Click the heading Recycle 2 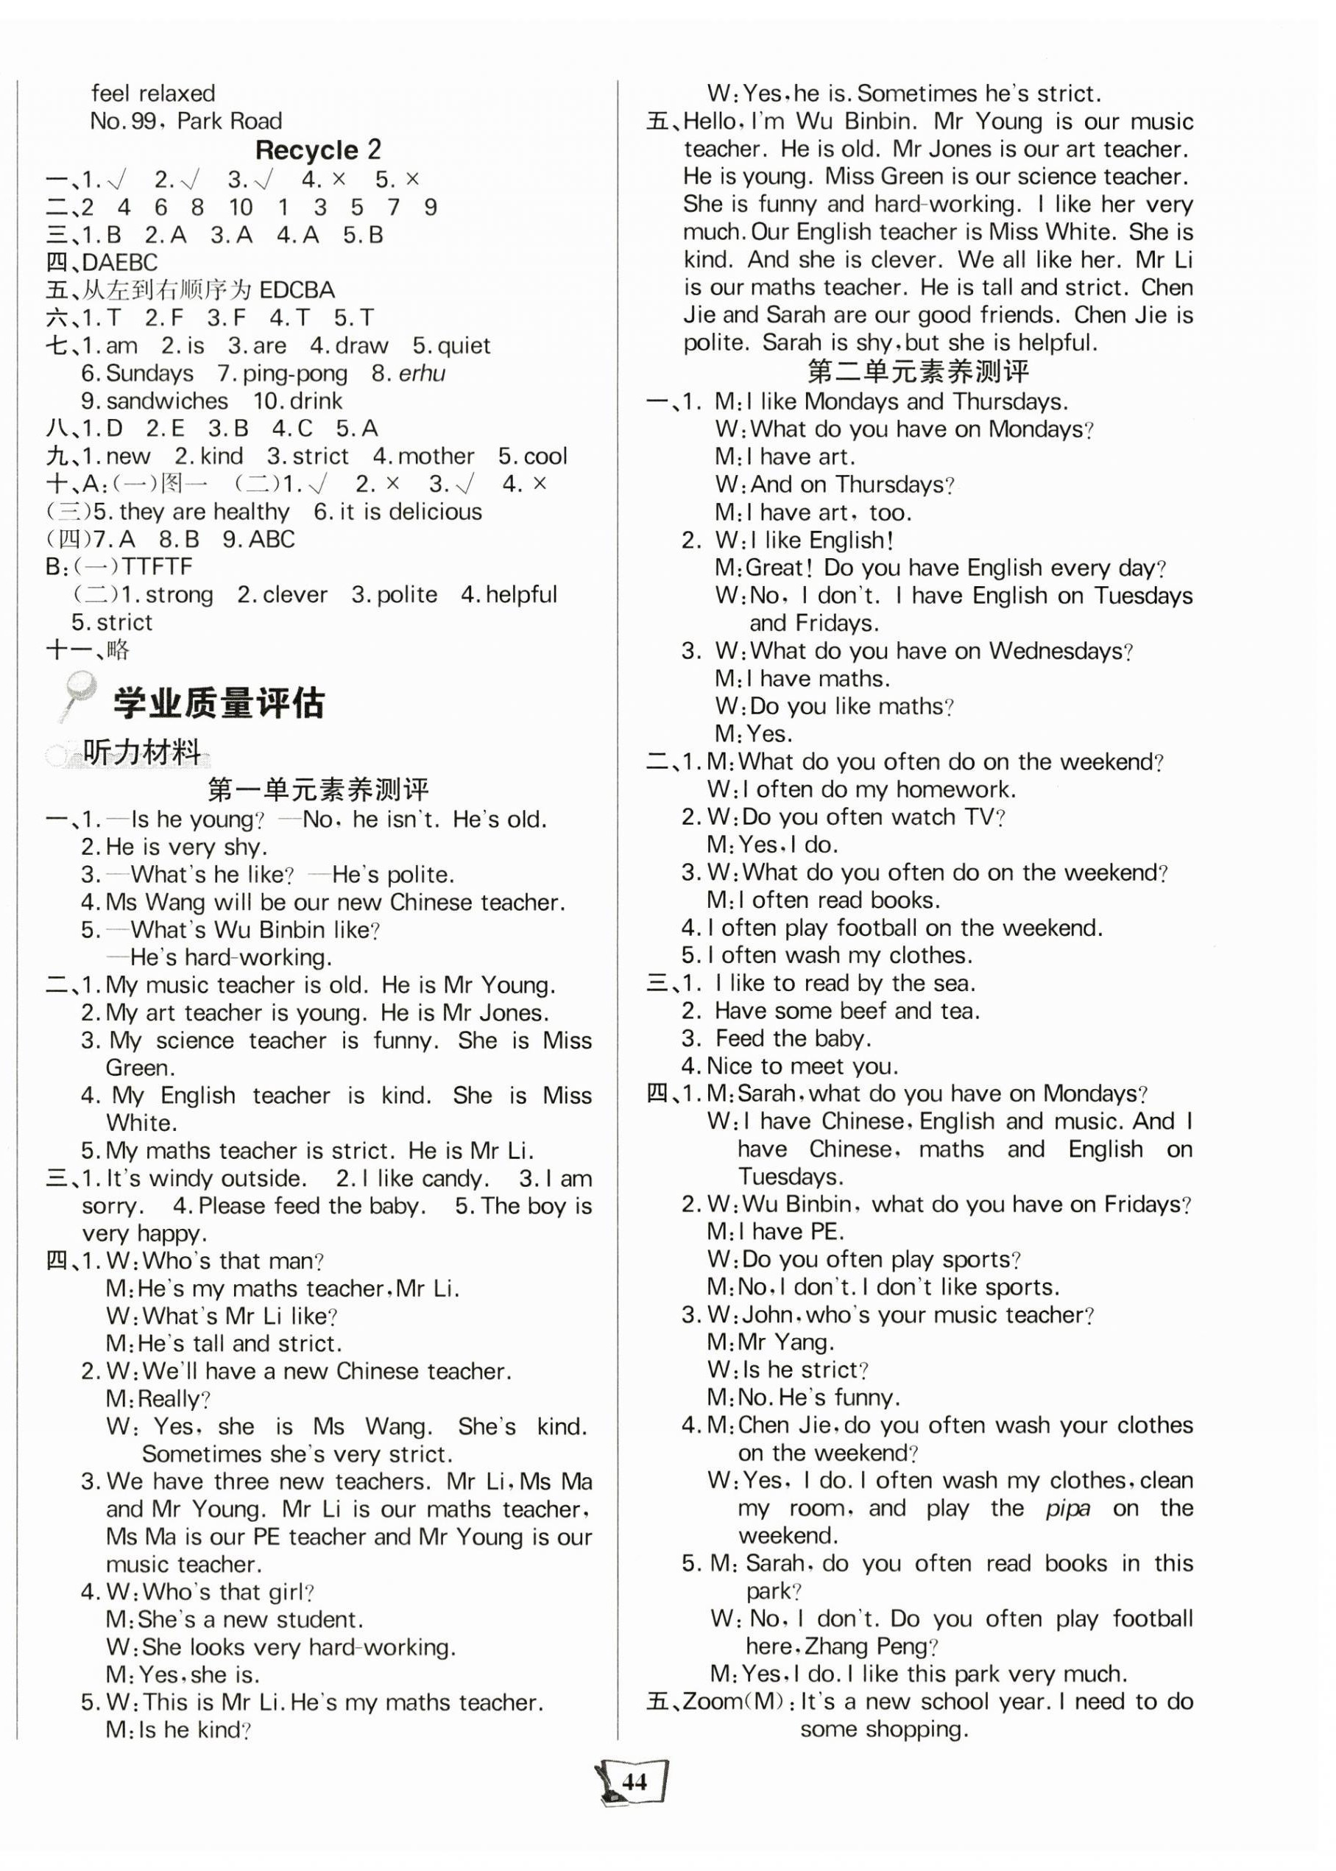(x=319, y=149)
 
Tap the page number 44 (x=635, y=1782)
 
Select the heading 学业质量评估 (x=219, y=702)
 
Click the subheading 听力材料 (x=142, y=751)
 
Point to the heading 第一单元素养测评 (x=319, y=790)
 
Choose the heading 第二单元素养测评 (x=918, y=371)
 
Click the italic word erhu (x=421, y=373)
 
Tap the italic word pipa (x=1067, y=1508)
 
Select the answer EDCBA (x=296, y=290)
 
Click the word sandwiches (x=167, y=401)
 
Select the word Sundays (x=149, y=373)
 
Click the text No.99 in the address (x=124, y=121)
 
